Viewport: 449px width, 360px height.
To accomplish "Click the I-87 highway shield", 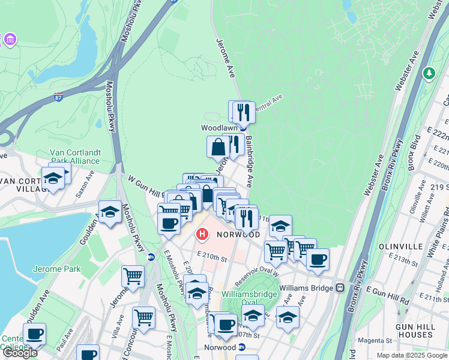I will (58, 97).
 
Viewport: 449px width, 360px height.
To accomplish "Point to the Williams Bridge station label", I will (306, 288).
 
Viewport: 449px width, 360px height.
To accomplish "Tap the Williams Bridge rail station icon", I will (340, 288).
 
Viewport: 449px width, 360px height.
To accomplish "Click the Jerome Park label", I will (56, 269).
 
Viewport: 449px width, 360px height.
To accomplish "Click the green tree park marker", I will (429, 73).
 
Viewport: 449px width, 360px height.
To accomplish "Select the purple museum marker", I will (10, 40).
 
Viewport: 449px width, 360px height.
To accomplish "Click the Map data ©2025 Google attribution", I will (411, 355).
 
